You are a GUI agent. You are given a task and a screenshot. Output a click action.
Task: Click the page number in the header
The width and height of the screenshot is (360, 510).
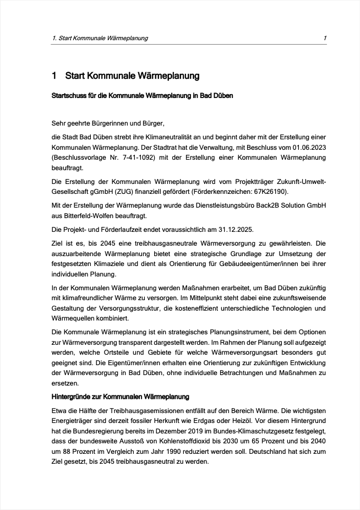coord(325,38)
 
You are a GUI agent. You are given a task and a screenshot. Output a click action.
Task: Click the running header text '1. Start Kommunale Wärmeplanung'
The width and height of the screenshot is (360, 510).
coord(100,38)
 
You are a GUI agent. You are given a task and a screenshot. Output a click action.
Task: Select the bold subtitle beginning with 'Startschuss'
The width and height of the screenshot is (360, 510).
coord(142,96)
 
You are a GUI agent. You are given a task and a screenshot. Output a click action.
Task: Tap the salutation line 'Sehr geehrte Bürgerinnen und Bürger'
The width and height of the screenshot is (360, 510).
coord(108,123)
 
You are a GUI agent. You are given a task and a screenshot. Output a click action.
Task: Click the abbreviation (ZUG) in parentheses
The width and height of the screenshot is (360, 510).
coord(141,191)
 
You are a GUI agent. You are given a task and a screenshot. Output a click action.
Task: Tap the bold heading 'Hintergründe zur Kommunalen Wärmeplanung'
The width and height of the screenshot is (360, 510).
coord(121,396)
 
